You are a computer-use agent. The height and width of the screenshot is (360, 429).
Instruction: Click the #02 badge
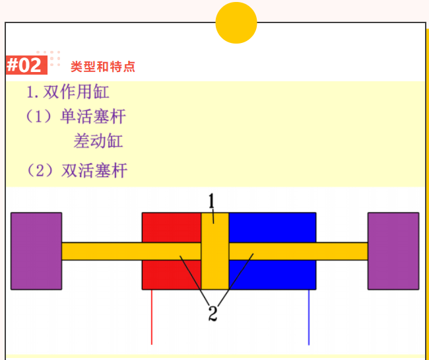coord(24,65)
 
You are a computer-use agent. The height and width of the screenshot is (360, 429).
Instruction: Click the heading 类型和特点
coord(102,67)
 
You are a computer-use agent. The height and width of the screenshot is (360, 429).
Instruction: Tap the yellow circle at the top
coord(236,22)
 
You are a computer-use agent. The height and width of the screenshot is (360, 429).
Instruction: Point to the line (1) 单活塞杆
coord(75,117)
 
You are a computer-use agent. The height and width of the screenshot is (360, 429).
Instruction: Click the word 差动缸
coord(98,141)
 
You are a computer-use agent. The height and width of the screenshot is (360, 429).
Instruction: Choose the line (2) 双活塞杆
coord(77,171)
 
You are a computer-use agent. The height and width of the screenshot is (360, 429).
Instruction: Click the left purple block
coord(36,251)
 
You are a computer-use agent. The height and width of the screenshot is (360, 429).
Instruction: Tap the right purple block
coord(393,251)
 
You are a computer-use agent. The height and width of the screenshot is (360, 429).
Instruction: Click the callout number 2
coord(213,314)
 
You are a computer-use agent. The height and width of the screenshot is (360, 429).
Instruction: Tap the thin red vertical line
coord(152,317)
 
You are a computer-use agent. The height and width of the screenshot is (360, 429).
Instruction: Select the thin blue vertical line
coord(309,317)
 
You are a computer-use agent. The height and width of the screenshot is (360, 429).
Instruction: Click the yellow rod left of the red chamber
coord(102,251)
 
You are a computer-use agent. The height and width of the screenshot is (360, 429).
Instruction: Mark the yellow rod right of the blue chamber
coord(341,251)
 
